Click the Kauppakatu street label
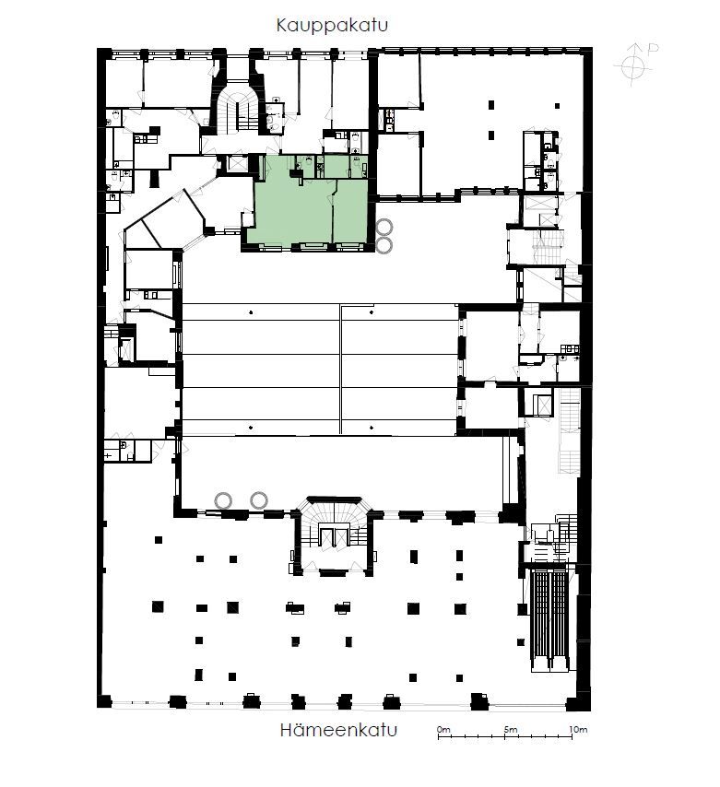332,25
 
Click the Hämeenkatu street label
338,730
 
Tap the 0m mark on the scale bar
443,729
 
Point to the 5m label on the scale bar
511,729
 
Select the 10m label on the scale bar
578,729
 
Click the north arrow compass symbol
632,65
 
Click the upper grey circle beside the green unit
384,228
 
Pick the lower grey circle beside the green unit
384,245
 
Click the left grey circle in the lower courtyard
223,500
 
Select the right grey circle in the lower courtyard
259,500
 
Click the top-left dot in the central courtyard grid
251,312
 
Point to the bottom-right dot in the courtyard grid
371,428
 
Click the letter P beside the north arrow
653,49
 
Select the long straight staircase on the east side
570,431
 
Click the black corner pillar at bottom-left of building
104,700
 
